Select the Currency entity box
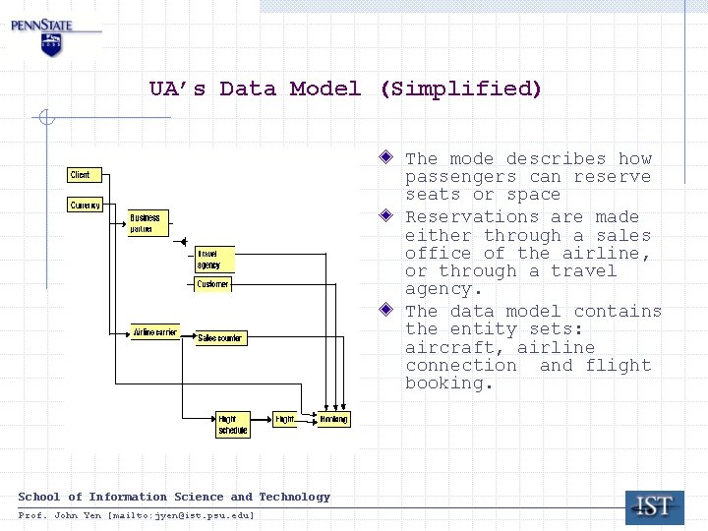(86, 206)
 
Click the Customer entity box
(212, 284)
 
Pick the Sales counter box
(220, 338)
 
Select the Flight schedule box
(233, 425)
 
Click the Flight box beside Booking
(284, 419)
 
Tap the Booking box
(333, 419)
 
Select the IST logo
(654, 507)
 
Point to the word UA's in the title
(178, 89)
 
